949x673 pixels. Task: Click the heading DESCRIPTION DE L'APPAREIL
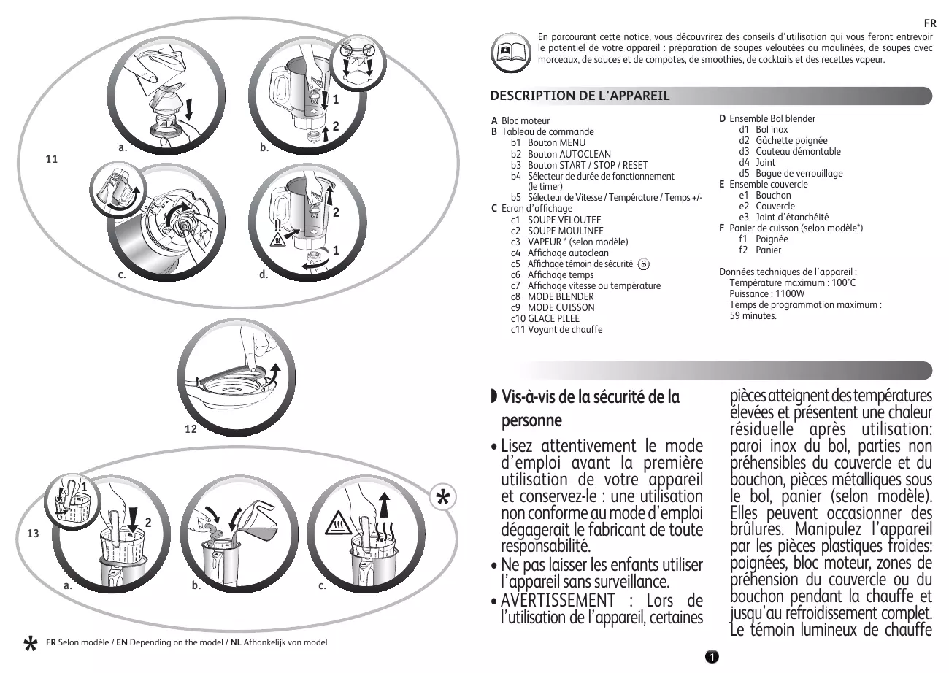pyautogui.click(x=580, y=96)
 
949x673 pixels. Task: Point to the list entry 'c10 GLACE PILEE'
pyautogui.click(x=545, y=318)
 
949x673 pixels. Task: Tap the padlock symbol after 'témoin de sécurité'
pyautogui.click(x=643, y=264)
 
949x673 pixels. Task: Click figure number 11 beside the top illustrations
pyautogui.click(x=51, y=158)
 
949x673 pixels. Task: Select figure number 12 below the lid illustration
pyautogui.click(x=191, y=429)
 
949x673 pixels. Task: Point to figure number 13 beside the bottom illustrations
pyautogui.click(x=33, y=534)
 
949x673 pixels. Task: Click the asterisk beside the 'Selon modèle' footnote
pyautogui.click(x=31, y=643)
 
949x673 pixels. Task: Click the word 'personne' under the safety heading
pyautogui.click(x=531, y=420)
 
